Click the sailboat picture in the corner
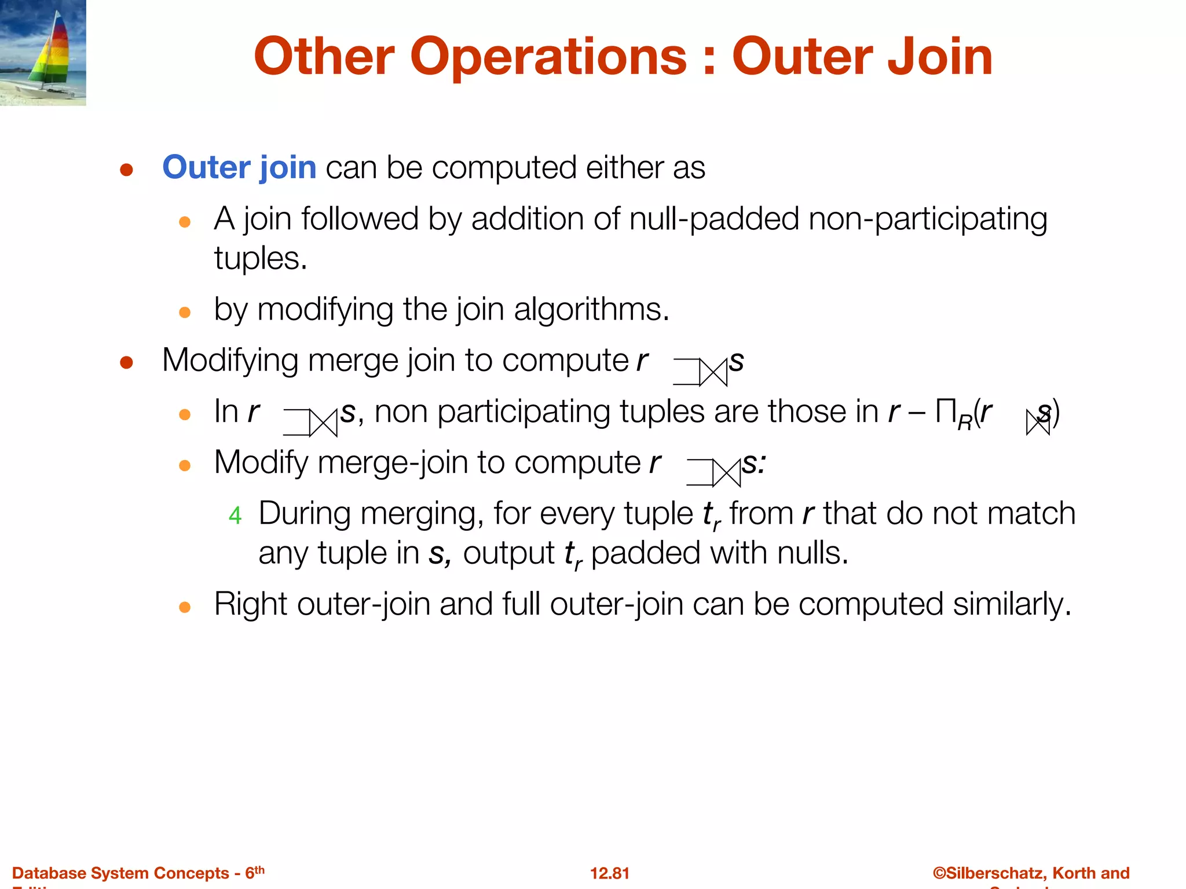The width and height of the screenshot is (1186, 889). [43, 52]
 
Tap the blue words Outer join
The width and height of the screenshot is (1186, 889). [239, 168]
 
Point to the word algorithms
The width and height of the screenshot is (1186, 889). [591, 309]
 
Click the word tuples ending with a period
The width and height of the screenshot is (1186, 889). [260, 258]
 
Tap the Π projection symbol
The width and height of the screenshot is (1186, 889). [945, 412]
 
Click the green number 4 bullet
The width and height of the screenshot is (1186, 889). [235, 515]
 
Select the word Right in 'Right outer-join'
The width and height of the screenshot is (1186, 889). [251, 604]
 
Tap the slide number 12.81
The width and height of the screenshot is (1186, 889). [609, 873]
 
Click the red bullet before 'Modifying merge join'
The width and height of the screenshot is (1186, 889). [127, 362]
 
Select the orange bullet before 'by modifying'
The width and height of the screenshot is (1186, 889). [185, 313]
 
